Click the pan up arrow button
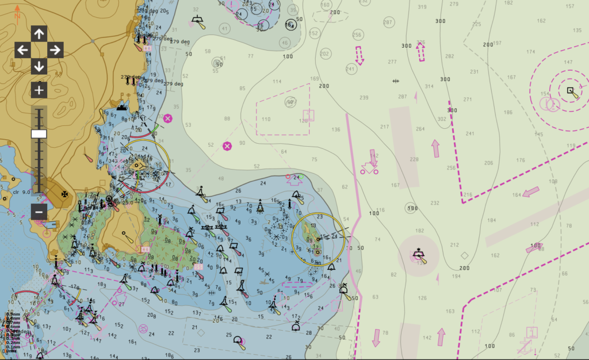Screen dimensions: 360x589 [39, 34]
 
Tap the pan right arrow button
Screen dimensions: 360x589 [55, 50]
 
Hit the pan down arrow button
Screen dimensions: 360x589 [39, 66]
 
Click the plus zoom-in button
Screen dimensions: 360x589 [39, 90]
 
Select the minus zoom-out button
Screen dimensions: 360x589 [39, 212]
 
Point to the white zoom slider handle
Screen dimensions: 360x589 [39, 134]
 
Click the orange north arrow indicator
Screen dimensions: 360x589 [17, 12]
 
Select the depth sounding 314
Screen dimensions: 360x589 [429, 86]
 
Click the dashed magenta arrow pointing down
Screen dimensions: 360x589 [359, 56]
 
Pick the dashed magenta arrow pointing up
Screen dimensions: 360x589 [420, 52]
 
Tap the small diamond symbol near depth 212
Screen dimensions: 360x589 [464, 255]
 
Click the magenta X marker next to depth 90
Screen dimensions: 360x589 [227, 146]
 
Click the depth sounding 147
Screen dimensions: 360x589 [568, 62]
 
